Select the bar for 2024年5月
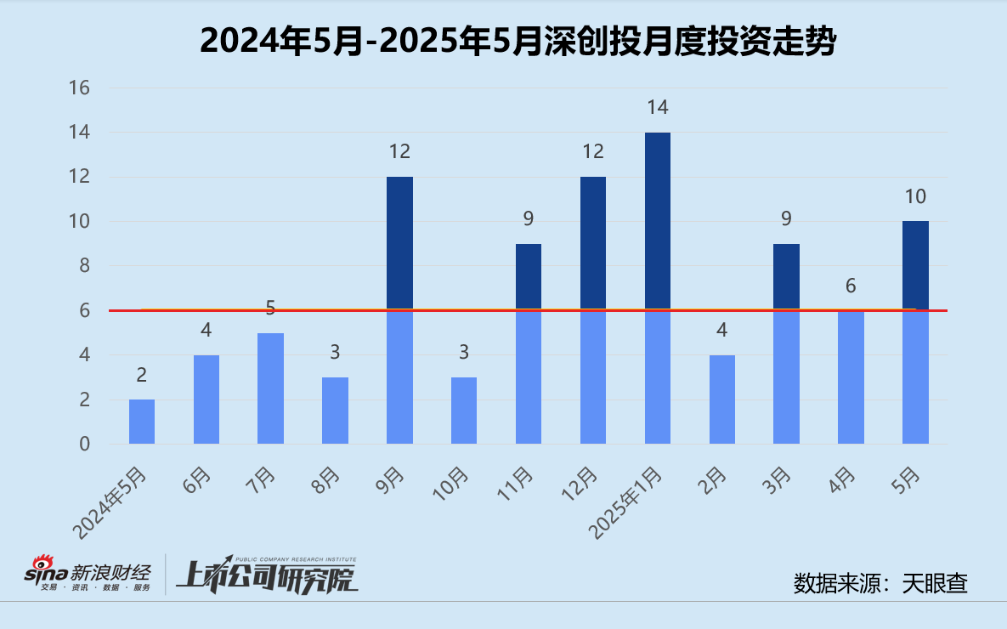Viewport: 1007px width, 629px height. [142, 422]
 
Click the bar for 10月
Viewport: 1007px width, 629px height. [464, 411]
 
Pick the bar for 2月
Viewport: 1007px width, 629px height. [722, 399]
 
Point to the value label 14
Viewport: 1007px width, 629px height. [658, 108]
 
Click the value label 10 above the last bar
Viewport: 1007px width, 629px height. [915, 197]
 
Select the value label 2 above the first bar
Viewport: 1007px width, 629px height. [142, 375]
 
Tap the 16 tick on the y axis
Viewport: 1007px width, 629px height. [80, 88]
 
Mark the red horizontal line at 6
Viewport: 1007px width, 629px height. [340, 310]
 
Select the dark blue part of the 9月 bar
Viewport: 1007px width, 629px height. [399, 242]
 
